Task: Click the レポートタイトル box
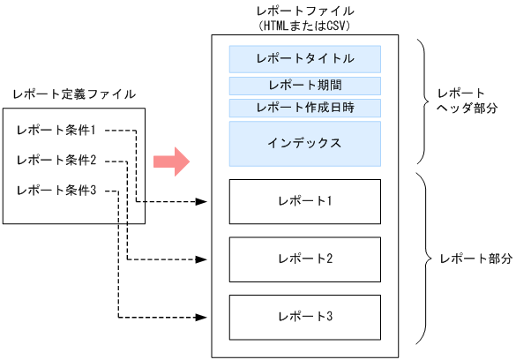[304, 59]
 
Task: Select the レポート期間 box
[304, 86]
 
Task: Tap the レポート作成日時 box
[304, 108]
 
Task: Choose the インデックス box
[304, 143]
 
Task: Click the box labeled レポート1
[304, 201]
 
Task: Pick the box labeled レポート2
[304, 259]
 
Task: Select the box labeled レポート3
[304, 316]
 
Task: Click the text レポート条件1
[56, 131]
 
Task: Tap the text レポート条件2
[56, 161]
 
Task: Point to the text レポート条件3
[56, 191]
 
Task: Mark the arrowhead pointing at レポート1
[202, 202]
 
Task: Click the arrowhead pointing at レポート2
[202, 259]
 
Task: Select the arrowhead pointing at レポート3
[202, 317]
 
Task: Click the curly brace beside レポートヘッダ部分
[420, 100]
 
